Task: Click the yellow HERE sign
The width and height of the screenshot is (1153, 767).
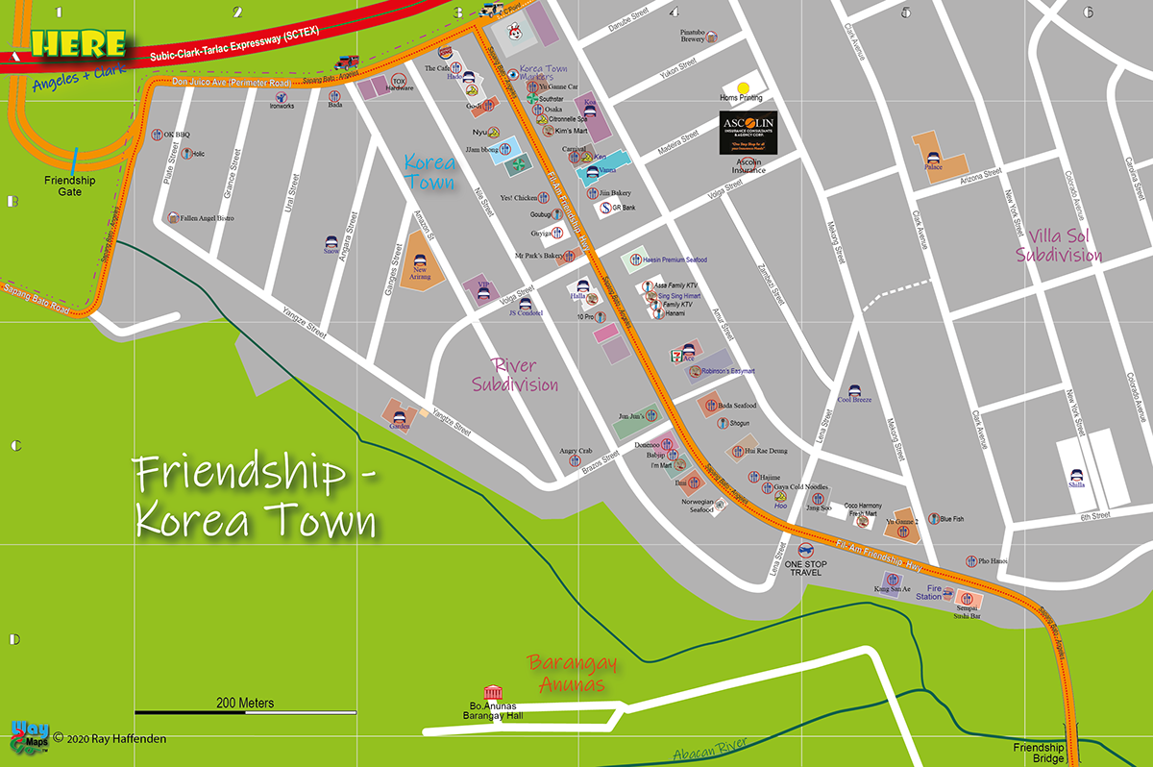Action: click(79, 44)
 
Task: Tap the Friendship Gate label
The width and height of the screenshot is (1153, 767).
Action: click(70, 186)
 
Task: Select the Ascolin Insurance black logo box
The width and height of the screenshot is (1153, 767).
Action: click(748, 134)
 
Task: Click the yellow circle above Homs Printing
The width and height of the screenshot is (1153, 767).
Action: click(743, 87)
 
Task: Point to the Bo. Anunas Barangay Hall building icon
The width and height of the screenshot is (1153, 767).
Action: click(493, 692)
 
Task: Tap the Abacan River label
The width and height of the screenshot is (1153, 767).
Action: click(710, 749)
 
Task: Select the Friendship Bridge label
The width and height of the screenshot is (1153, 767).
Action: click(1039, 754)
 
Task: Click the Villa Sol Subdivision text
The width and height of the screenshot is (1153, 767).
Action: click(1064, 246)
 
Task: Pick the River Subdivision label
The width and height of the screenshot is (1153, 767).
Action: click(515, 375)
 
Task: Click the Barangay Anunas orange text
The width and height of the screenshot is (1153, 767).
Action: click(571, 674)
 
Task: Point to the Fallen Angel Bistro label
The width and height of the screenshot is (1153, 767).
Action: click(207, 218)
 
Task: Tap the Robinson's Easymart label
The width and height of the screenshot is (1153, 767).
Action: click(728, 371)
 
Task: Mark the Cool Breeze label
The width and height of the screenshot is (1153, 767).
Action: click(854, 399)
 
